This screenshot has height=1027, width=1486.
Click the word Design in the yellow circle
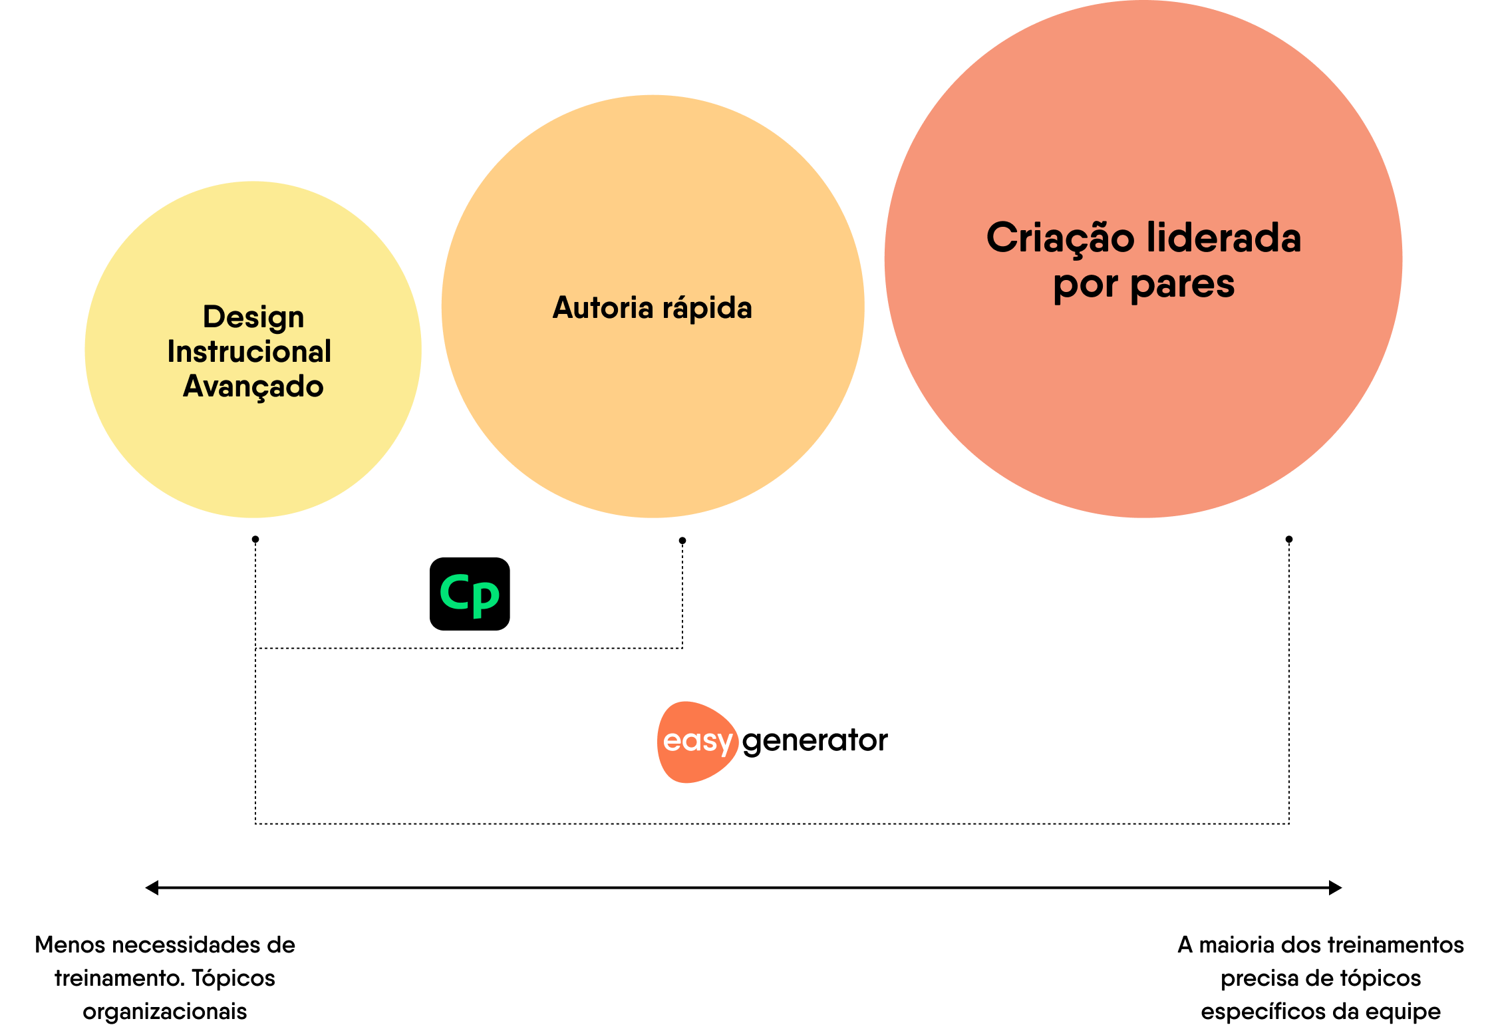pos(253,317)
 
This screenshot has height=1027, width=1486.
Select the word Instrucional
pos(249,352)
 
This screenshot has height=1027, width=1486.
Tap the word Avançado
pos(253,386)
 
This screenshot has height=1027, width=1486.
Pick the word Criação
pos(1060,238)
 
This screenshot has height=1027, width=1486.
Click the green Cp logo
pos(470,595)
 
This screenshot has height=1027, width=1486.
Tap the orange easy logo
pos(698,742)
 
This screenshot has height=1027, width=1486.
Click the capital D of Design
pos(214,317)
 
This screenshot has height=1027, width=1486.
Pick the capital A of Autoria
pos(564,308)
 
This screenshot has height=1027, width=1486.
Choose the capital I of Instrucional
pos(171,352)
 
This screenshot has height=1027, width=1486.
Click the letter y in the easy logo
pos(724,744)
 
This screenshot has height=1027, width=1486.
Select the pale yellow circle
pos(253,452)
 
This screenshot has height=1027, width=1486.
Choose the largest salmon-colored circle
pos(1143,399)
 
